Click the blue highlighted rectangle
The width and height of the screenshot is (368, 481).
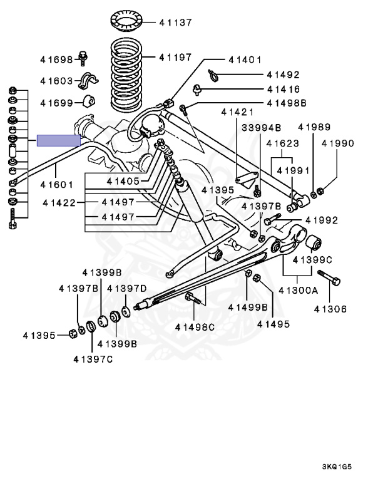coord(59,140)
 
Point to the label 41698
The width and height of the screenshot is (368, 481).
coord(57,60)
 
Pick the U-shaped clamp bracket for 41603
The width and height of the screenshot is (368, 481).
coord(91,80)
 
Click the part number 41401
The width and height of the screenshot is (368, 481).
coord(245,60)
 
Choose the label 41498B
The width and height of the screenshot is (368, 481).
coord(286,102)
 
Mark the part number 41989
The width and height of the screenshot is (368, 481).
coord(314,127)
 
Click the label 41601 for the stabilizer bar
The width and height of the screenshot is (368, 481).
coord(57,185)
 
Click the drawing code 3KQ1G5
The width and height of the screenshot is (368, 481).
coord(342,467)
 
